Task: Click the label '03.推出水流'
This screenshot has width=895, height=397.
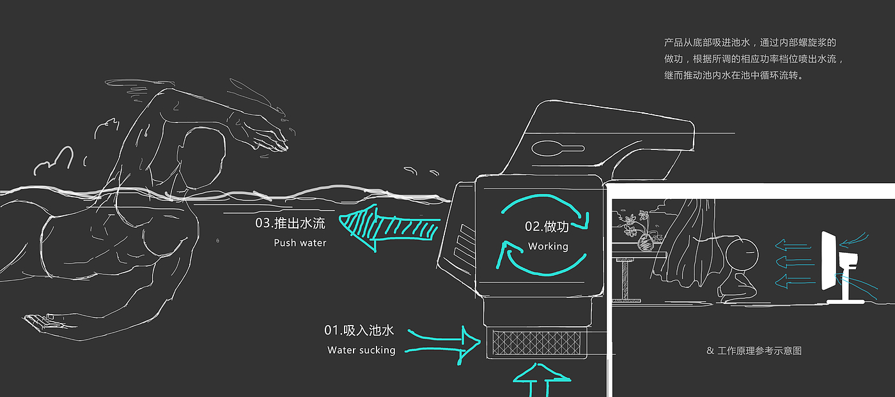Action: click(x=290, y=223)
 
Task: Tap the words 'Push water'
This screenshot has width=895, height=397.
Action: click(x=300, y=243)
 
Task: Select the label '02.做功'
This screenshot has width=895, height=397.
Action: click(x=547, y=227)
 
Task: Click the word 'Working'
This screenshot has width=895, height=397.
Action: click(x=548, y=246)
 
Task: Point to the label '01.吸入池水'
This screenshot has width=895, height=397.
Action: click(x=359, y=331)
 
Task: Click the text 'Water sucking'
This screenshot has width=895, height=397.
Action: click(x=361, y=350)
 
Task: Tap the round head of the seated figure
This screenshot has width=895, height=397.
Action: click(x=742, y=253)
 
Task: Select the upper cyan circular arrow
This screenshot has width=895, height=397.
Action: click(x=543, y=207)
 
